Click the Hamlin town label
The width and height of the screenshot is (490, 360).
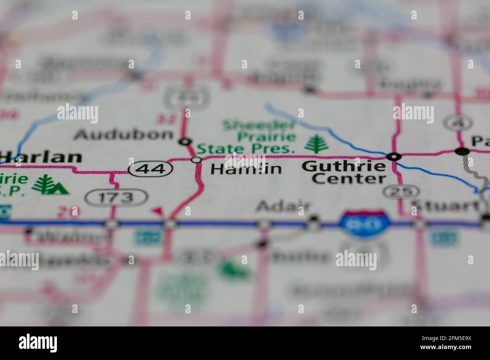[x=246, y=169]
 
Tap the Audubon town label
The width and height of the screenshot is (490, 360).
[x=124, y=134]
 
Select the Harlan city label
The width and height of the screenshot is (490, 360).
[x=41, y=157]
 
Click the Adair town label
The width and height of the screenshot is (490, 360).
[x=284, y=206]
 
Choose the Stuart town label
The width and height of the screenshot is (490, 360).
[x=445, y=206]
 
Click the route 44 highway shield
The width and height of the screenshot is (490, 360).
[x=150, y=169]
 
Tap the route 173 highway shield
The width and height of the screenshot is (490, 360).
[x=116, y=197]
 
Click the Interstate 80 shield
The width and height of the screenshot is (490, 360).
[x=364, y=224]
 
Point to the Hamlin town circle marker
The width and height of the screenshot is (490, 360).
[x=196, y=160]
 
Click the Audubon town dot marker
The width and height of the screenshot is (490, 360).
[x=185, y=142]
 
